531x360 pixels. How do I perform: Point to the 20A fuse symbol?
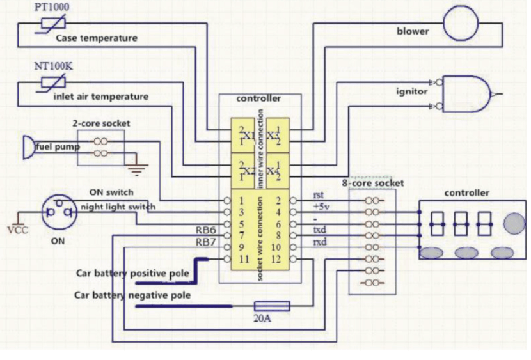(x=272, y=306)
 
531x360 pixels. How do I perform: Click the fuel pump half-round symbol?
(x=28, y=147)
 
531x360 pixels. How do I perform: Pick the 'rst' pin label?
(x=318, y=194)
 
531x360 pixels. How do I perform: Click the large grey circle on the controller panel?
(x=514, y=223)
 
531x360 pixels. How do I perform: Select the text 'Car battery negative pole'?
(x=132, y=295)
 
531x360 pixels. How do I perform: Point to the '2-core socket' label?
(x=101, y=123)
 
